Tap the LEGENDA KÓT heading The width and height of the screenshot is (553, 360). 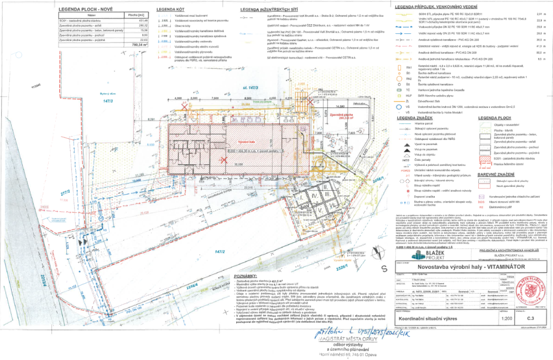(x=169, y=11)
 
